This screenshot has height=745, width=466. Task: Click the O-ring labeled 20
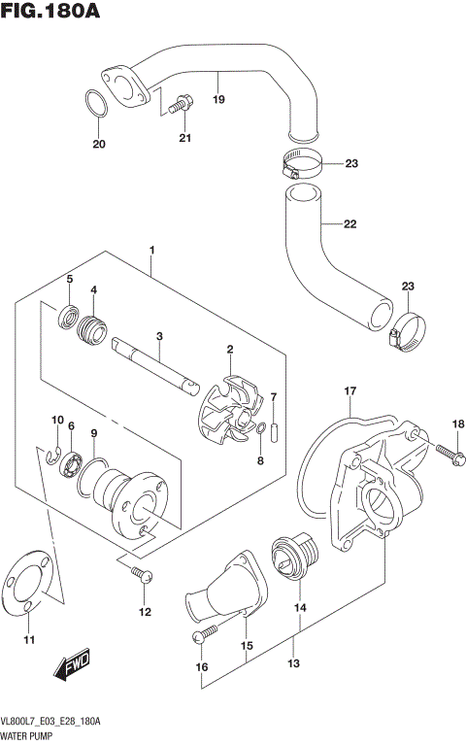[95, 105]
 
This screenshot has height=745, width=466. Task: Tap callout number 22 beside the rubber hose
[349, 224]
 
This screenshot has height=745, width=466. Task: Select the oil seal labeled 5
[69, 315]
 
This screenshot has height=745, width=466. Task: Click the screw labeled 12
[142, 575]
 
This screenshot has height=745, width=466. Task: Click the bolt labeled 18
[445, 452]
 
